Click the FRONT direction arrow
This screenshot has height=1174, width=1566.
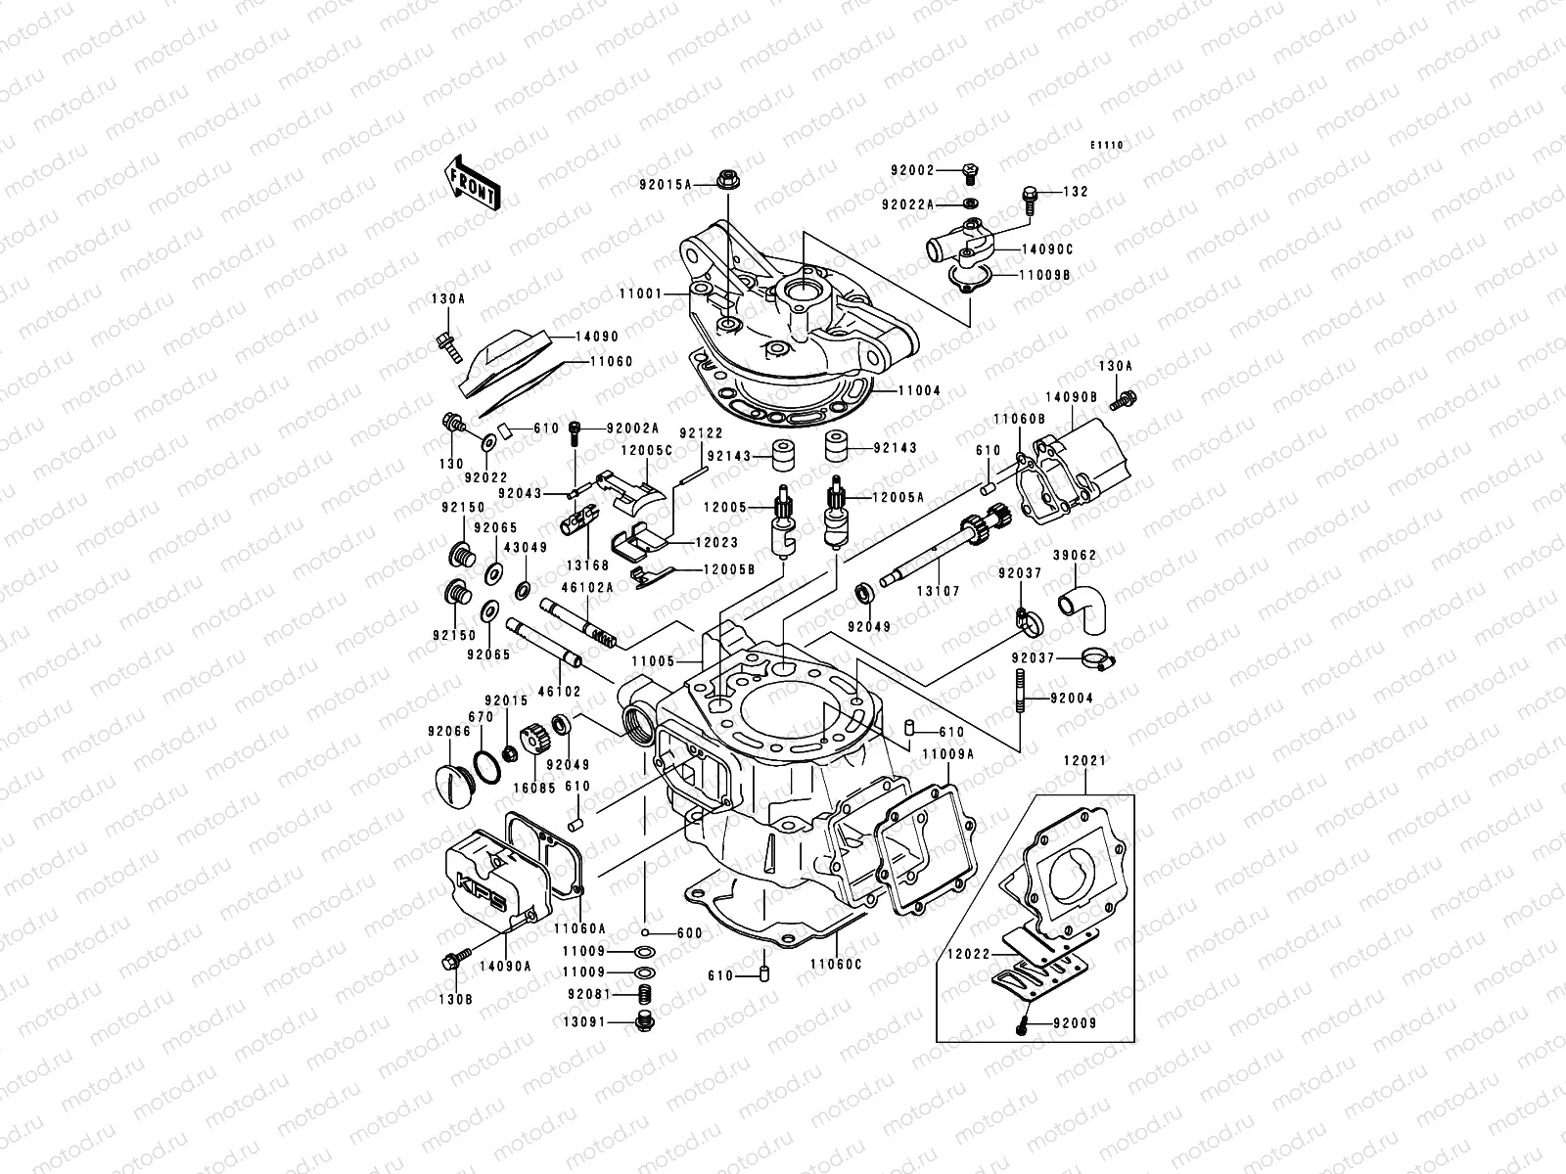(x=475, y=181)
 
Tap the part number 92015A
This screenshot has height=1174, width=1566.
(x=693, y=184)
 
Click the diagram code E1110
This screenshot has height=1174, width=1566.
(x=1108, y=146)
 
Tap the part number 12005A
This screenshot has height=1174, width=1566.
(x=898, y=497)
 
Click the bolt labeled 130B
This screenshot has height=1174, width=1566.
(x=453, y=961)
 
